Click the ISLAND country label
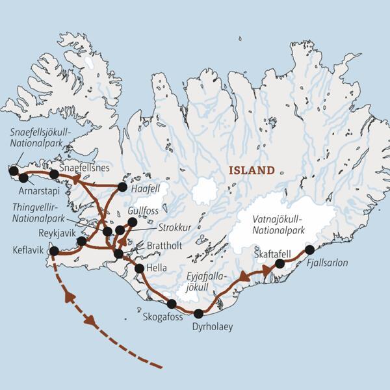[251, 171]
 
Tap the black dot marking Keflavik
[54, 251]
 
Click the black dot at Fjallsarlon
[309, 250]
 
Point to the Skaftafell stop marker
[279, 263]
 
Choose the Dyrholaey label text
[212, 326]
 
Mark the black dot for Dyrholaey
[198, 313]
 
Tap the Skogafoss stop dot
[172, 304]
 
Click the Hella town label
[157, 268]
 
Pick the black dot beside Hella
[139, 268]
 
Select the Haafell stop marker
[122, 187]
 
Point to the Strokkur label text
[174, 228]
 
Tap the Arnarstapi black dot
[24, 177]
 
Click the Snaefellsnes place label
[78, 167]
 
